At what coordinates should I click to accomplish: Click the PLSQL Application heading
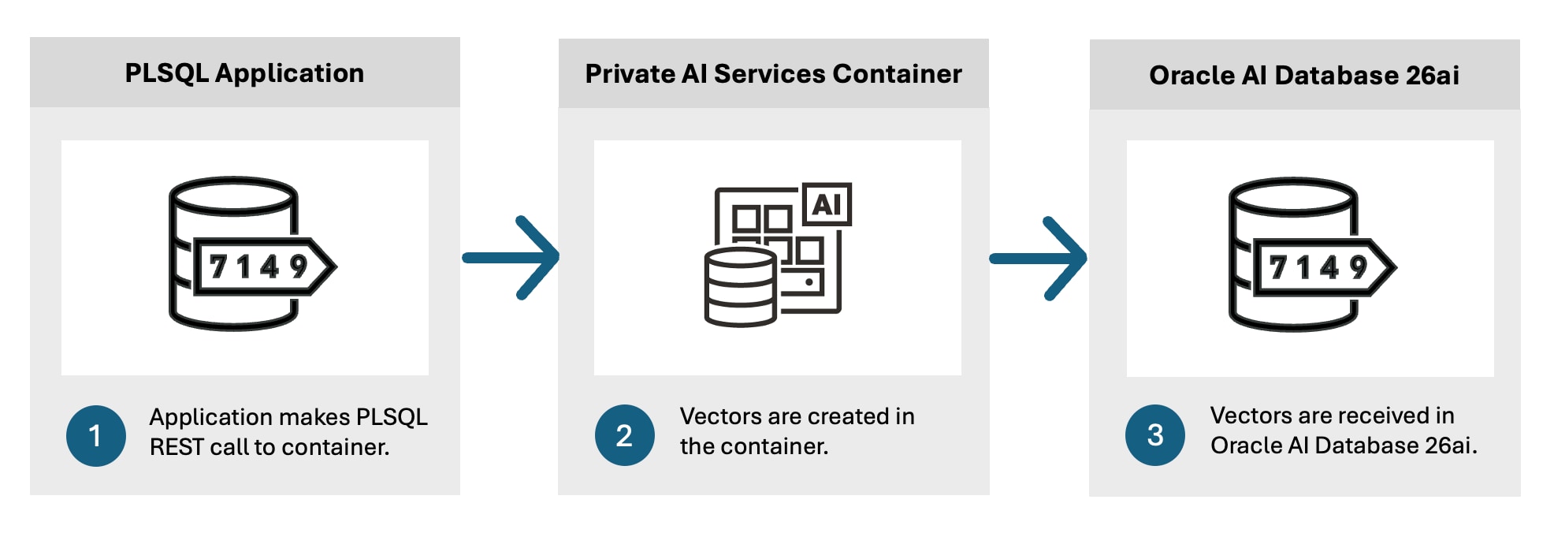pos(244,73)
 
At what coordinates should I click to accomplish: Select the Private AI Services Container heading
pos(773,74)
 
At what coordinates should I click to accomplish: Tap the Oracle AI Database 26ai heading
pos(1304,76)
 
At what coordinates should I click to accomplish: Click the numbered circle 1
pos(95,436)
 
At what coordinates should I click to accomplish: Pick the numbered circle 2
pos(624,435)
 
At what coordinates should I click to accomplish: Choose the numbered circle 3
pos(1155,435)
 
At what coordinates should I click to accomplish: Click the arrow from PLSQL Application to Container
pos(512,258)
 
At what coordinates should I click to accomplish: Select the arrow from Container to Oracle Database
pos(1039,259)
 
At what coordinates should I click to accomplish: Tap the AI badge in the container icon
pos(827,204)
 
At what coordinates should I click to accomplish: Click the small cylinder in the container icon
pos(740,287)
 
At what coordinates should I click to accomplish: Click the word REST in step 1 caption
pos(176,447)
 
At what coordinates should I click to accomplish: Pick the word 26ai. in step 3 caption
pos(1452,445)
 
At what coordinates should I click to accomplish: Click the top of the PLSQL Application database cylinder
pos(233,194)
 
